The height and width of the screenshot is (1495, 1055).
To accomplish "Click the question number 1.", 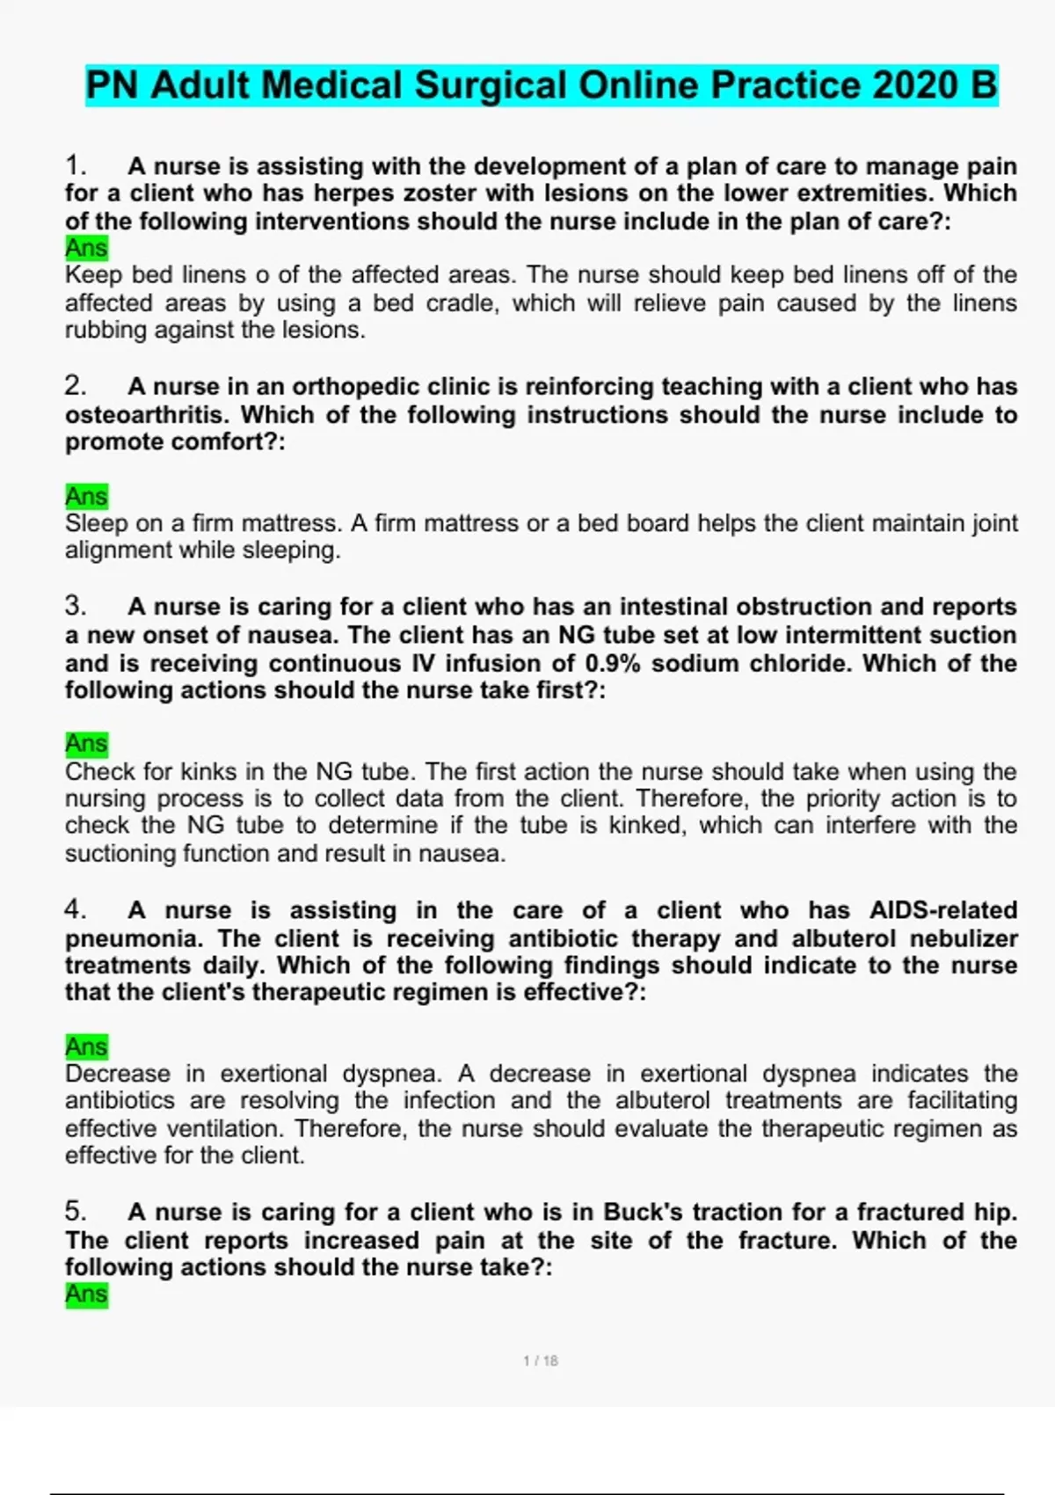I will coord(75,165).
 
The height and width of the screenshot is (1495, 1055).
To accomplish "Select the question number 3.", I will coord(75,606).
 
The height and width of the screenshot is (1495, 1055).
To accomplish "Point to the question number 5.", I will coord(75,1212).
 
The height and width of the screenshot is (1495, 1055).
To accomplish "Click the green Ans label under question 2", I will coord(86,497).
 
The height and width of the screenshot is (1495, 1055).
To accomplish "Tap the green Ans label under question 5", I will coord(86,1294).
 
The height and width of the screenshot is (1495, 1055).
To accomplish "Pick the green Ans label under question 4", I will coord(86,1046).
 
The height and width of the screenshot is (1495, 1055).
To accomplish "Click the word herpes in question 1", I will coord(351,193).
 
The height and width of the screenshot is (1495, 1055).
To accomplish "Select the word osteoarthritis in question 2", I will coord(147,414).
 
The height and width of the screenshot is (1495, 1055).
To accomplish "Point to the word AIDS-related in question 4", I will coord(943,910).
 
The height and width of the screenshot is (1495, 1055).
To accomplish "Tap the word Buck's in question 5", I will coord(643,1212).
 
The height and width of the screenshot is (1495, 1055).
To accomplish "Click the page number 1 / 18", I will coord(541,1361).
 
